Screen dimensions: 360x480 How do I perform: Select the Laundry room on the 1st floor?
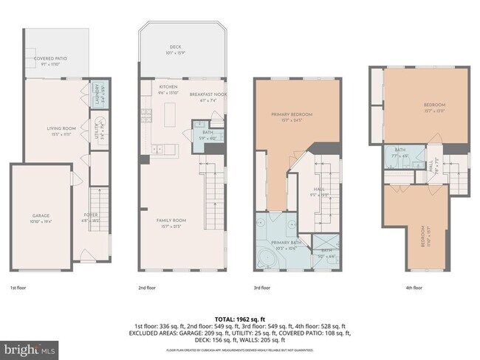click(97, 95)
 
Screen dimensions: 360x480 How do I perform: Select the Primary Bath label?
click(285, 244)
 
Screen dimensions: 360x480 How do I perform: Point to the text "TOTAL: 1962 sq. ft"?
click(240, 318)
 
